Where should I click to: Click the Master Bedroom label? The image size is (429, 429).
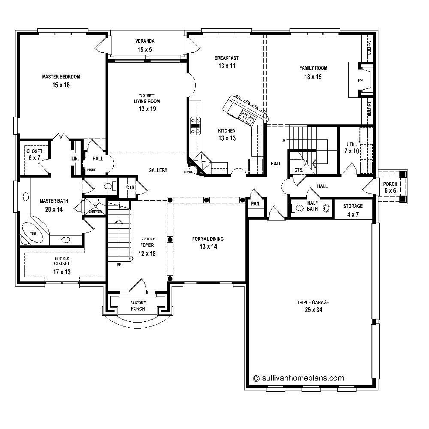pyautogui.click(x=61, y=77)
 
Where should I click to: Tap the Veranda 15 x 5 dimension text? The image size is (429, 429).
pyautogui.click(x=145, y=50)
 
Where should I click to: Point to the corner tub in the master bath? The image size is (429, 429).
pyautogui.click(x=33, y=233)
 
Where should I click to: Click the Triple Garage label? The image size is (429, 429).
pyautogui.click(x=313, y=302)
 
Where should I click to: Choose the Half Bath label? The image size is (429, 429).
pyautogui.click(x=312, y=206)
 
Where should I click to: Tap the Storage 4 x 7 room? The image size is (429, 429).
pyautogui.click(x=353, y=210)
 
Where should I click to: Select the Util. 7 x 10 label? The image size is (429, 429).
pyautogui.click(x=351, y=148)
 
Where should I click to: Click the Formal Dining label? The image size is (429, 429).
pyautogui.click(x=208, y=239)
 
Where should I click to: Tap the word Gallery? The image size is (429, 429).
pyautogui.click(x=158, y=170)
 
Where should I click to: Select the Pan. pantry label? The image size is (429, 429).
pyautogui.click(x=256, y=204)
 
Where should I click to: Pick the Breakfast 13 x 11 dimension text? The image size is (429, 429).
pyautogui.click(x=227, y=66)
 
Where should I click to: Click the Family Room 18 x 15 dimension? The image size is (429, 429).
pyautogui.click(x=313, y=77)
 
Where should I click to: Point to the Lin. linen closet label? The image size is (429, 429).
pyautogui.click(x=74, y=159)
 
